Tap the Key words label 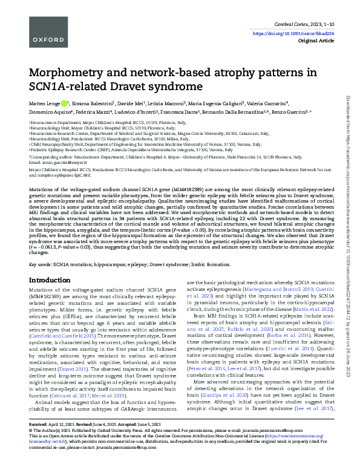pos(42,264)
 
